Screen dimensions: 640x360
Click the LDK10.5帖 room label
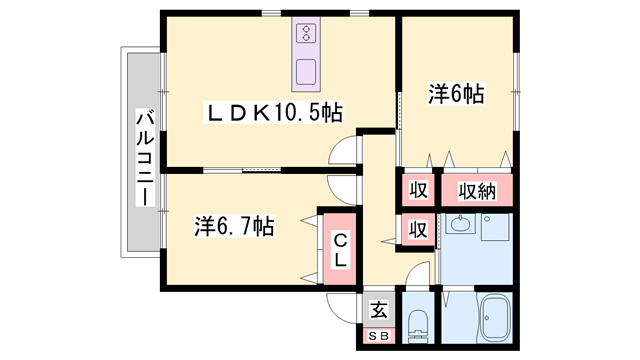[x=273, y=112]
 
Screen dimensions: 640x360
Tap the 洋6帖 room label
[x=456, y=94]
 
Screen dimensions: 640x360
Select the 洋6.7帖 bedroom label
[x=234, y=226]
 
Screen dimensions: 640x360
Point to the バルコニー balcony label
[x=145, y=158]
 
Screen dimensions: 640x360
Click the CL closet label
[x=340, y=250]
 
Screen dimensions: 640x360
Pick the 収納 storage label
[x=477, y=191]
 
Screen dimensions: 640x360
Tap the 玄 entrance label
[x=379, y=310]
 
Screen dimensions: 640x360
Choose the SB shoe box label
[x=379, y=336]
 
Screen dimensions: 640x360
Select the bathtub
[x=494, y=318]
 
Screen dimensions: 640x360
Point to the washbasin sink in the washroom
[x=461, y=224]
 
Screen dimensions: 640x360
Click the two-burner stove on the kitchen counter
[x=306, y=33]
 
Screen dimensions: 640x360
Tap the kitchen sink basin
[x=306, y=72]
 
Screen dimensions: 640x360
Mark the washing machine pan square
[x=496, y=227]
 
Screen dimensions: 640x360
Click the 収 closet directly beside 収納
[x=419, y=190]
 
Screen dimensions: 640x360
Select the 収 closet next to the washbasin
[x=419, y=229]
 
